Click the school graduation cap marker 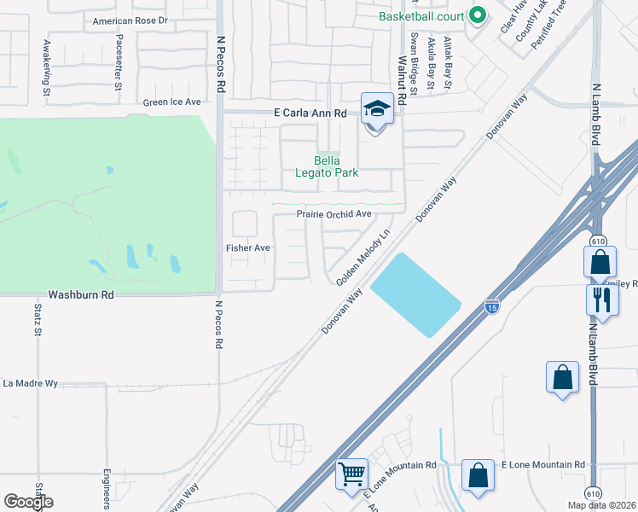(x=374, y=109)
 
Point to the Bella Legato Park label (x=328, y=166)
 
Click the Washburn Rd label (x=81, y=294)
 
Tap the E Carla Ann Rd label (x=310, y=113)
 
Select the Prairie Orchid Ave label (x=334, y=214)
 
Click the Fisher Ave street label (x=247, y=247)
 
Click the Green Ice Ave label (x=171, y=102)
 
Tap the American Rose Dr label (x=130, y=20)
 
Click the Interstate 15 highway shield (x=491, y=305)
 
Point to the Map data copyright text (x=601, y=505)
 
